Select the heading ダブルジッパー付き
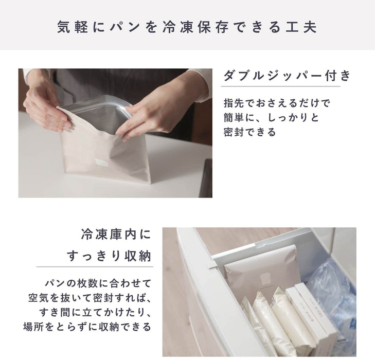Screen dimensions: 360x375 287,76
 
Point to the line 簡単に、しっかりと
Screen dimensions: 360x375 272,117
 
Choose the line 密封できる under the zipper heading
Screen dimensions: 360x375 250,132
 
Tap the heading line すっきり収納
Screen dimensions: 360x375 110,256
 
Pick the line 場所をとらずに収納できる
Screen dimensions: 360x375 87,327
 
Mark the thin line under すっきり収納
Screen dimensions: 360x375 95,266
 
